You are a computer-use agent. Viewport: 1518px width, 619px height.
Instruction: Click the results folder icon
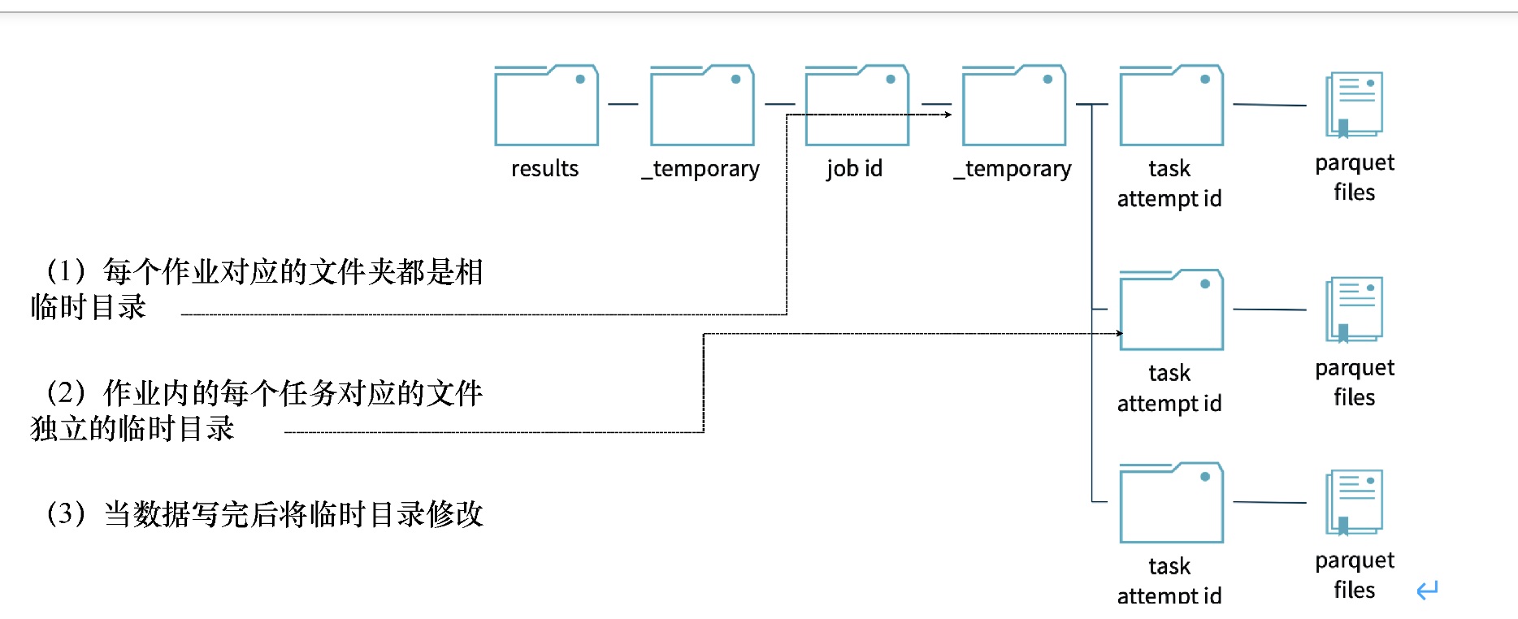546,106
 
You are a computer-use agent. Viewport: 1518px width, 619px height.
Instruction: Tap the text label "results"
544,169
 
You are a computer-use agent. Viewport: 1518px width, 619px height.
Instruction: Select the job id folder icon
857,106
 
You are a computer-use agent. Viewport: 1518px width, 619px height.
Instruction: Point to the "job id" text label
854,169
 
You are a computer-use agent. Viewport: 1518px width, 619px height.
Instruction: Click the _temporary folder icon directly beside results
702,106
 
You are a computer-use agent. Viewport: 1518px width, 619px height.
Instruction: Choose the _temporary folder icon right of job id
1013,106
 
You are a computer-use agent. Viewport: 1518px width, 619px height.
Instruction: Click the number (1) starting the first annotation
66,271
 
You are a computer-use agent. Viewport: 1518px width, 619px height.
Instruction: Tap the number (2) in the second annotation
66,392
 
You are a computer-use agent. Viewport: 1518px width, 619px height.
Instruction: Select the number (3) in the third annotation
66,513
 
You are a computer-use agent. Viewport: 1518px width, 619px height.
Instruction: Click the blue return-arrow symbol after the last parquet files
1427,590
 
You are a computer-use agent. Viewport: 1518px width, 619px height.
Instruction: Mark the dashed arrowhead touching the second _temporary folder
948,115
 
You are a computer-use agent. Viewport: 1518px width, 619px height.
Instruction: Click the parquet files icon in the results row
1354,104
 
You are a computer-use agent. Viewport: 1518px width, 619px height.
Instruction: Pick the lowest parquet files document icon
1354,502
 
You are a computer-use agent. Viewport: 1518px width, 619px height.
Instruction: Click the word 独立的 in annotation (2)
74,428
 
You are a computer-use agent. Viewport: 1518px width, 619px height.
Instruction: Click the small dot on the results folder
580,79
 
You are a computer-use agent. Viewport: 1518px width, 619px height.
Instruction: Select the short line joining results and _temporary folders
623,104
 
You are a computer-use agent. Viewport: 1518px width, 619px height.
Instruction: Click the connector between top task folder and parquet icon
1269,105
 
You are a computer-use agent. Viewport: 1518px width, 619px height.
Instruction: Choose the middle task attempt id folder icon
1171,309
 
